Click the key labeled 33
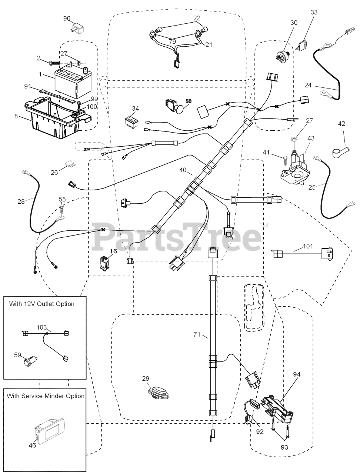point(304,45)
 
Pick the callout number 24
point(308,84)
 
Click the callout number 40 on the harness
point(183,170)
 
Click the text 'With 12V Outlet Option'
point(41,304)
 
